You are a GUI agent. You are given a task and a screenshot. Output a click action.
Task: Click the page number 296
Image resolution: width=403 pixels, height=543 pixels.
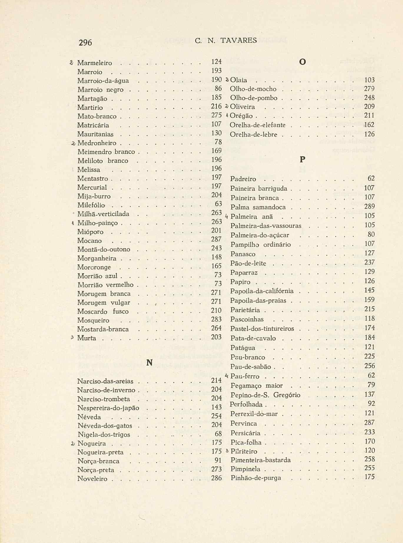point(85,43)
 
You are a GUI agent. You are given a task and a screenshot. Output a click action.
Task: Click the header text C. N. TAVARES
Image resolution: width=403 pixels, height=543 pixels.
point(226,40)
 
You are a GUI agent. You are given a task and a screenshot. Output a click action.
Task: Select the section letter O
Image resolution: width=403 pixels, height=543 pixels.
point(302,62)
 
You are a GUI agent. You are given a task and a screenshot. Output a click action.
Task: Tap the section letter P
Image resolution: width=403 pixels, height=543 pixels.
point(302,160)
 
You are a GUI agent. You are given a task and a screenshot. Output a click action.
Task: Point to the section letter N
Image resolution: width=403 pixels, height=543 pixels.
point(150,363)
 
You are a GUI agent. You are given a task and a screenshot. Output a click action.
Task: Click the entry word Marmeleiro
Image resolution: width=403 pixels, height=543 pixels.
point(94,63)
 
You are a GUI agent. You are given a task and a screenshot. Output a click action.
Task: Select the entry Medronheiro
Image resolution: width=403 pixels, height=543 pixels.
point(97,143)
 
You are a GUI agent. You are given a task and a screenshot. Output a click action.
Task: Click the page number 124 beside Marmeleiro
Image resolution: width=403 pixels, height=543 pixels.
point(216,62)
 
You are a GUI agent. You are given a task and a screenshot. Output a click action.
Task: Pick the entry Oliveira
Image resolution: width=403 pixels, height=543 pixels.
point(242,107)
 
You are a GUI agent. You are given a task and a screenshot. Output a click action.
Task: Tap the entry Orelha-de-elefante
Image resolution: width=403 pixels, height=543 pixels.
point(258,125)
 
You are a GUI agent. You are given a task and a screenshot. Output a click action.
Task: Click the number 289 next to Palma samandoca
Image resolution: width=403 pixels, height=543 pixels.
point(369,206)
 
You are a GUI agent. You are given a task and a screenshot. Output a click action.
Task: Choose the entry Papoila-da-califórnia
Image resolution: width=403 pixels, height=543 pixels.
point(262,291)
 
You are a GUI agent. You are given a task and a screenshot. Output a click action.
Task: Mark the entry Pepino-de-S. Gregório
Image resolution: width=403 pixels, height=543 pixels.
point(265,395)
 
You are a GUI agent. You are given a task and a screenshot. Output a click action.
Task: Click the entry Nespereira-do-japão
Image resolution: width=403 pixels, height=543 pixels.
point(108,408)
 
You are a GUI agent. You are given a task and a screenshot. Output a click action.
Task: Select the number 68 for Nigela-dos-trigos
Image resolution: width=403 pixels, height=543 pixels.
point(218,434)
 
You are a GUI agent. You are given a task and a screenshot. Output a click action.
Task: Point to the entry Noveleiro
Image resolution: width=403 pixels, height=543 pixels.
point(92,479)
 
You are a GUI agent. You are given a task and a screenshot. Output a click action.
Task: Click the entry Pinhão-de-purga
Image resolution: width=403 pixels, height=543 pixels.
point(256,478)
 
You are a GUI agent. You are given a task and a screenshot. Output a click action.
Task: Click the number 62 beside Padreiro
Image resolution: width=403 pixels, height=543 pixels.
point(371,178)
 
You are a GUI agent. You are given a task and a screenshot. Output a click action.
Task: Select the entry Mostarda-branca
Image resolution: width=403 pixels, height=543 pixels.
point(103,329)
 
